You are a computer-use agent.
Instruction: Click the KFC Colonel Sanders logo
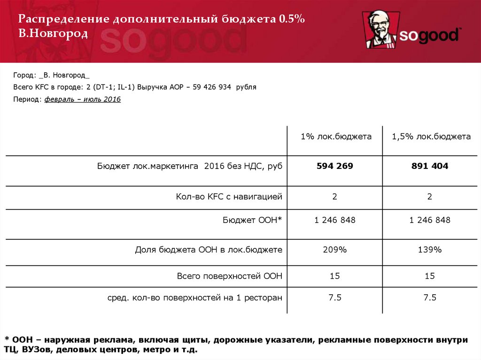tap(381, 30)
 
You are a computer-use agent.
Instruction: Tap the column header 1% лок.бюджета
tap(336, 137)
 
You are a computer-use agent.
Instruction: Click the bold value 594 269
tap(335, 166)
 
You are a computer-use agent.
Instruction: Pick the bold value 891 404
tap(430, 166)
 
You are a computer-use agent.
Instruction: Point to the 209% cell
tap(335, 250)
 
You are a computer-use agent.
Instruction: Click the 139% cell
tap(430, 250)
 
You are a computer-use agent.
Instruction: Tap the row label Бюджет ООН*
tap(252, 220)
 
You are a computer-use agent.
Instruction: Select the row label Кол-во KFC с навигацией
tap(229, 197)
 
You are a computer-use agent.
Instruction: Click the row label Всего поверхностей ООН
tap(230, 276)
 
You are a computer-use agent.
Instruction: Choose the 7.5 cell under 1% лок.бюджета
tap(335, 298)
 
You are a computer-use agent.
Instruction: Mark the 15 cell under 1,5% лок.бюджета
tap(430, 276)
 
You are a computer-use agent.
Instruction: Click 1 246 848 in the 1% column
tap(335, 220)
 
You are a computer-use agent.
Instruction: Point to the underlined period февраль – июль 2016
tap(83, 100)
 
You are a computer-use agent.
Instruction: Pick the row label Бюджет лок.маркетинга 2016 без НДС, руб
tap(190, 166)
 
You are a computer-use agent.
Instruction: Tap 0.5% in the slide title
tap(292, 20)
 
